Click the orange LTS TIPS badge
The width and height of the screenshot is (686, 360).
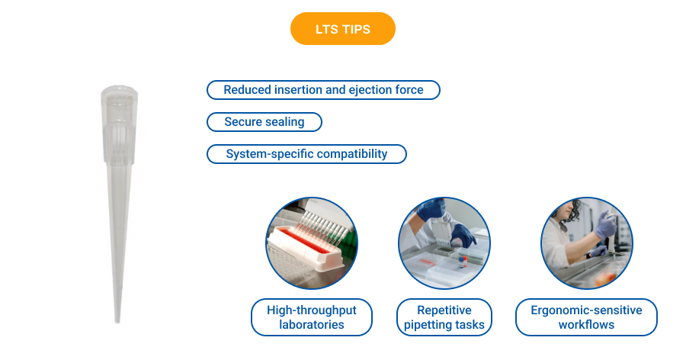[x=342, y=29]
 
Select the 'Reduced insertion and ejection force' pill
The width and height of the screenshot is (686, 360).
[x=323, y=90]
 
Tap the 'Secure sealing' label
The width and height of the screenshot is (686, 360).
[x=264, y=122]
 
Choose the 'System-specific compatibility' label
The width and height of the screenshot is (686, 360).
[x=306, y=154]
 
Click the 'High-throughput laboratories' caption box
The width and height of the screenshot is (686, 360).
[x=311, y=317]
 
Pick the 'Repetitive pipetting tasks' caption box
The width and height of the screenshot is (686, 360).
[x=444, y=317]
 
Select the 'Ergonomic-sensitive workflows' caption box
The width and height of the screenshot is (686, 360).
[x=586, y=317]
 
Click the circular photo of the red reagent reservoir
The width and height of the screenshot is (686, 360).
[x=311, y=243]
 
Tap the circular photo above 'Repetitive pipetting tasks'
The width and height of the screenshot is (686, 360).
[x=444, y=243]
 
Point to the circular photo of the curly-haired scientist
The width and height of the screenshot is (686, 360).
[x=586, y=243]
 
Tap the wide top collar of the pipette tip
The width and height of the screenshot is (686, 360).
[x=120, y=99]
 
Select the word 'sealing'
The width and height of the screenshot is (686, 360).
[x=284, y=122]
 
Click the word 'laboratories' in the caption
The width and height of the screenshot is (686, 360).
[x=311, y=325]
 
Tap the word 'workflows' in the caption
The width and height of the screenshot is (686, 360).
[x=586, y=325]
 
